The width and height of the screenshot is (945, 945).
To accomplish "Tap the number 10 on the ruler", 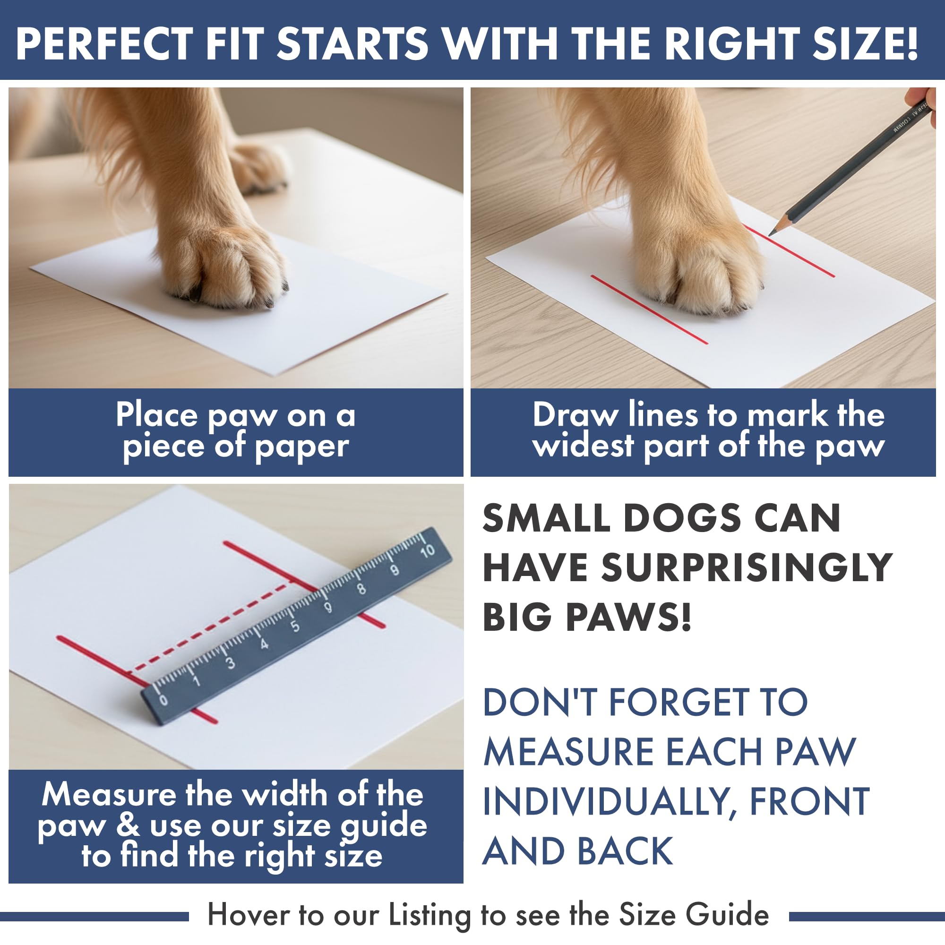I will [x=428, y=551].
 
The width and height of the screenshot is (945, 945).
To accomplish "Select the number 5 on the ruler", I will [x=295, y=627].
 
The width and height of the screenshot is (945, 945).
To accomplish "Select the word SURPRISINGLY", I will [x=747, y=568].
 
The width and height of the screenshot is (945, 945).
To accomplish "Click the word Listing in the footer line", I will [x=430, y=915].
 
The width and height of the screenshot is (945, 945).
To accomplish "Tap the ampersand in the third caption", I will [x=128, y=825].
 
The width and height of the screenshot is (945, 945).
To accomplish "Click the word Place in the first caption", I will [x=156, y=415].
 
